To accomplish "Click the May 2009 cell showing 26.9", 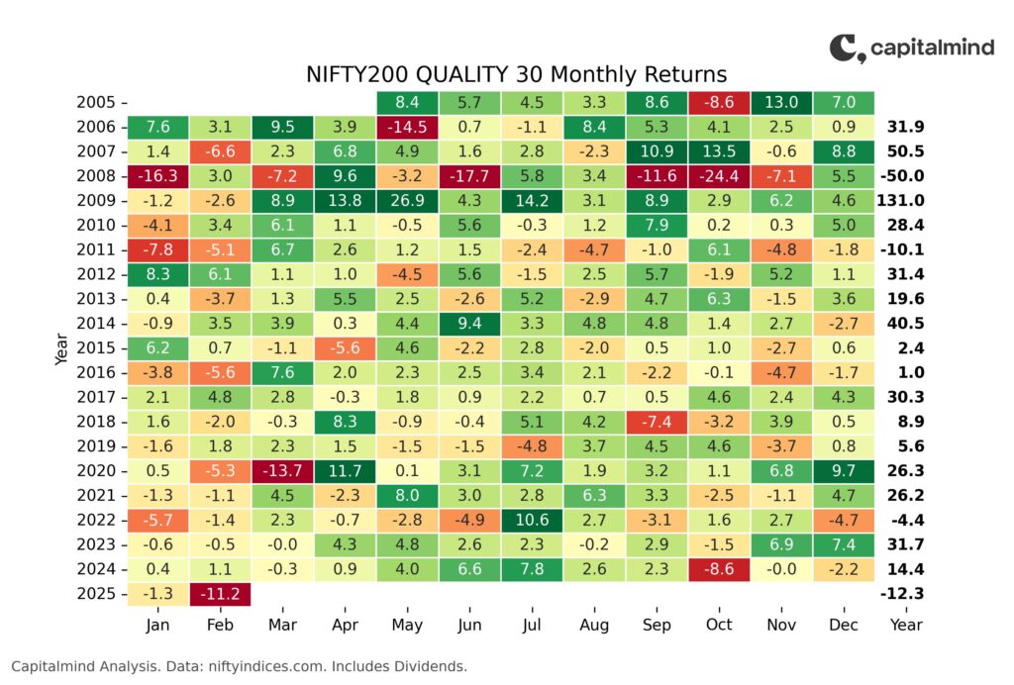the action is tap(407, 200).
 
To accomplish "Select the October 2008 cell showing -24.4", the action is tap(719, 176).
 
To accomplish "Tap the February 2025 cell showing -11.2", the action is tap(220, 593).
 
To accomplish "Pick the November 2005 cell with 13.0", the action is tap(781, 102).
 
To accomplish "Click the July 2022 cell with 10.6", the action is tap(532, 520).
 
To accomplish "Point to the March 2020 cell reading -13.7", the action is tap(282, 470).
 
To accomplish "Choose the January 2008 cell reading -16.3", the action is tap(157, 176).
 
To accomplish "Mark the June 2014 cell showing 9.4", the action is tap(469, 323).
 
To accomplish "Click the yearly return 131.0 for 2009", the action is tap(901, 200).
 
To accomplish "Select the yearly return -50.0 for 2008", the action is tap(902, 176).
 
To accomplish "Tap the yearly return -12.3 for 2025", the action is tap(902, 593).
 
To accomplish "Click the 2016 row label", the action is tap(96, 373).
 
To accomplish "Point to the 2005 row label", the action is tap(96, 102).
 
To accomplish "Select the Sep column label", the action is tap(657, 625).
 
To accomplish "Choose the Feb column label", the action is tap(220, 625).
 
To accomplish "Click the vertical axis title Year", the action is tap(61, 349).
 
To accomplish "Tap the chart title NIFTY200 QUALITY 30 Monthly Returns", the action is tap(516, 74).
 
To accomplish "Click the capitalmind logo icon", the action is tap(848, 49).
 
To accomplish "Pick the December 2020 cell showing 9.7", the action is tap(844, 470).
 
